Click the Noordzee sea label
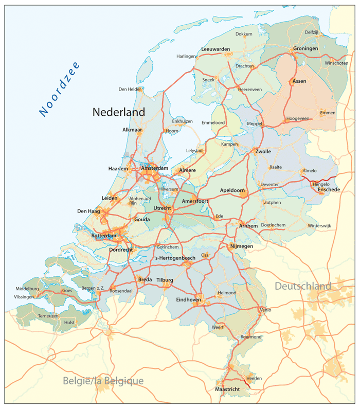click(x=60, y=88)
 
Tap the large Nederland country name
click(x=118, y=112)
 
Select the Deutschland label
click(x=302, y=286)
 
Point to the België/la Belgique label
click(x=103, y=381)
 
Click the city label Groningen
click(x=305, y=48)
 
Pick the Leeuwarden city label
click(x=215, y=49)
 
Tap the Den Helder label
click(x=130, y=89)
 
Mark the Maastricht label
click(x=227, y=389)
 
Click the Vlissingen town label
click(x=24, y=297)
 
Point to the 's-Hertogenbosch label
click(x=175, y=258)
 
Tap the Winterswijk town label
click(x=320, y=226)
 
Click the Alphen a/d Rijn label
click(x=140, y=201)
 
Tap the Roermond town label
click(x=251, y=337)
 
